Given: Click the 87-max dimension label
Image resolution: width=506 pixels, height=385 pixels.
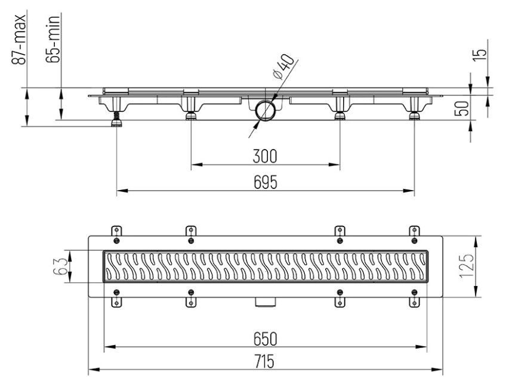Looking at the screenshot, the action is (18, 40).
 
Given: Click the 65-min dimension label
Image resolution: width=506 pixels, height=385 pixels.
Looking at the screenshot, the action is (53, 39).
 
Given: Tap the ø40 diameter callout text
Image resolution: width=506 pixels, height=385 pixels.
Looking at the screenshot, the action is (283, 67).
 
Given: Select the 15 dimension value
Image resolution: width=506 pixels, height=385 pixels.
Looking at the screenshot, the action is (480, 54).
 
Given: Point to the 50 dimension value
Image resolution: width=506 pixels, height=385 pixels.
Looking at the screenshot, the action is (461, 108).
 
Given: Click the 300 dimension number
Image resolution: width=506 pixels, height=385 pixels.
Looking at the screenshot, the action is (265, 156).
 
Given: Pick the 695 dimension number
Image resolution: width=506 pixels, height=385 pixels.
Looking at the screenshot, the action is (266, 182).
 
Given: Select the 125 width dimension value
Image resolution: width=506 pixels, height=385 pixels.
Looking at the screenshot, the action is (467, 266).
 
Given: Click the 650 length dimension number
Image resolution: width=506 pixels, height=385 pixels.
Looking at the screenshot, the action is (266, 339).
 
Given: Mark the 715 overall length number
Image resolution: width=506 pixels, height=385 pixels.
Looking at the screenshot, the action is (264, 361).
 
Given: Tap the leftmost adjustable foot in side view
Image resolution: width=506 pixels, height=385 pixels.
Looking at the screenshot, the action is (116, 119).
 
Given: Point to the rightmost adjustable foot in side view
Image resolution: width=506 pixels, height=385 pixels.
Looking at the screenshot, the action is (415, 115).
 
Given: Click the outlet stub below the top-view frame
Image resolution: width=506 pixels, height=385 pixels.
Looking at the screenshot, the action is (266, 302).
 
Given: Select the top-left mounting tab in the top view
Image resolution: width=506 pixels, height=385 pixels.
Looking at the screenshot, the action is (116, 231).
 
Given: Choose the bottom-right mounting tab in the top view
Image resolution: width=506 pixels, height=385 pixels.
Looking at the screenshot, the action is (415, 302).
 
